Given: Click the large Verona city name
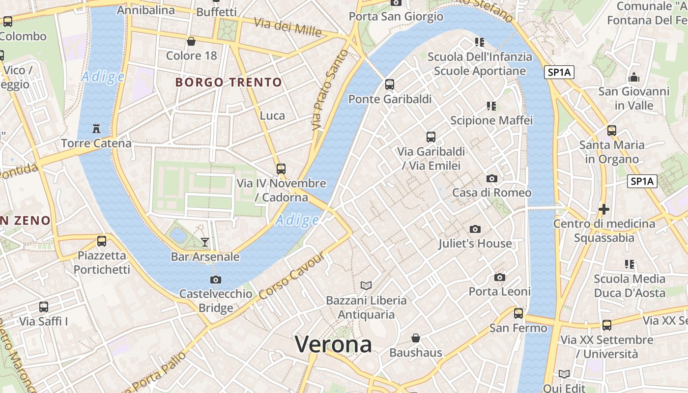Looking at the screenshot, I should [x=333, y=344].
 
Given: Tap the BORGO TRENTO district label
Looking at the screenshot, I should [x=229, y=82].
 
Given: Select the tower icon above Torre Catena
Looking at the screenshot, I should [x=96, y=129].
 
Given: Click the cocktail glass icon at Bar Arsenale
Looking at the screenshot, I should [x=205, y=242].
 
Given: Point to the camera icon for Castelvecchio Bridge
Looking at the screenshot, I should [x=215, y=280].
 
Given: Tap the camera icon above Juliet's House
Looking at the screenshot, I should [x=475, y=229].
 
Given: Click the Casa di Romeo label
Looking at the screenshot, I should [x=491, y=193].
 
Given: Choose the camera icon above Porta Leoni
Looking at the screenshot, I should [x=500, y=278].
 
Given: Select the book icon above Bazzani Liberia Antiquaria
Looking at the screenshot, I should [x=366, y=285].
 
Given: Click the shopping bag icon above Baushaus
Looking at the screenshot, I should [x=416, y=338].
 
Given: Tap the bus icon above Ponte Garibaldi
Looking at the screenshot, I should [x=390, y=84].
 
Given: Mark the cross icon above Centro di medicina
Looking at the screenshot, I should [x=604, y=210].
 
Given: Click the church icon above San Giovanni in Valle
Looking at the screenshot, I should [x=634, y=78].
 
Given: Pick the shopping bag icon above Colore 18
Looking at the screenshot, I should [x=191, y=41].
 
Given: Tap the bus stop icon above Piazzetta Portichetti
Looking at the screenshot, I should [x=102, y=241].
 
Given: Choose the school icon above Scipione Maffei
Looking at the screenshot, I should [x=491, y=106].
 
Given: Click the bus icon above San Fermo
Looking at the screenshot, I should [x=518, y=313].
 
